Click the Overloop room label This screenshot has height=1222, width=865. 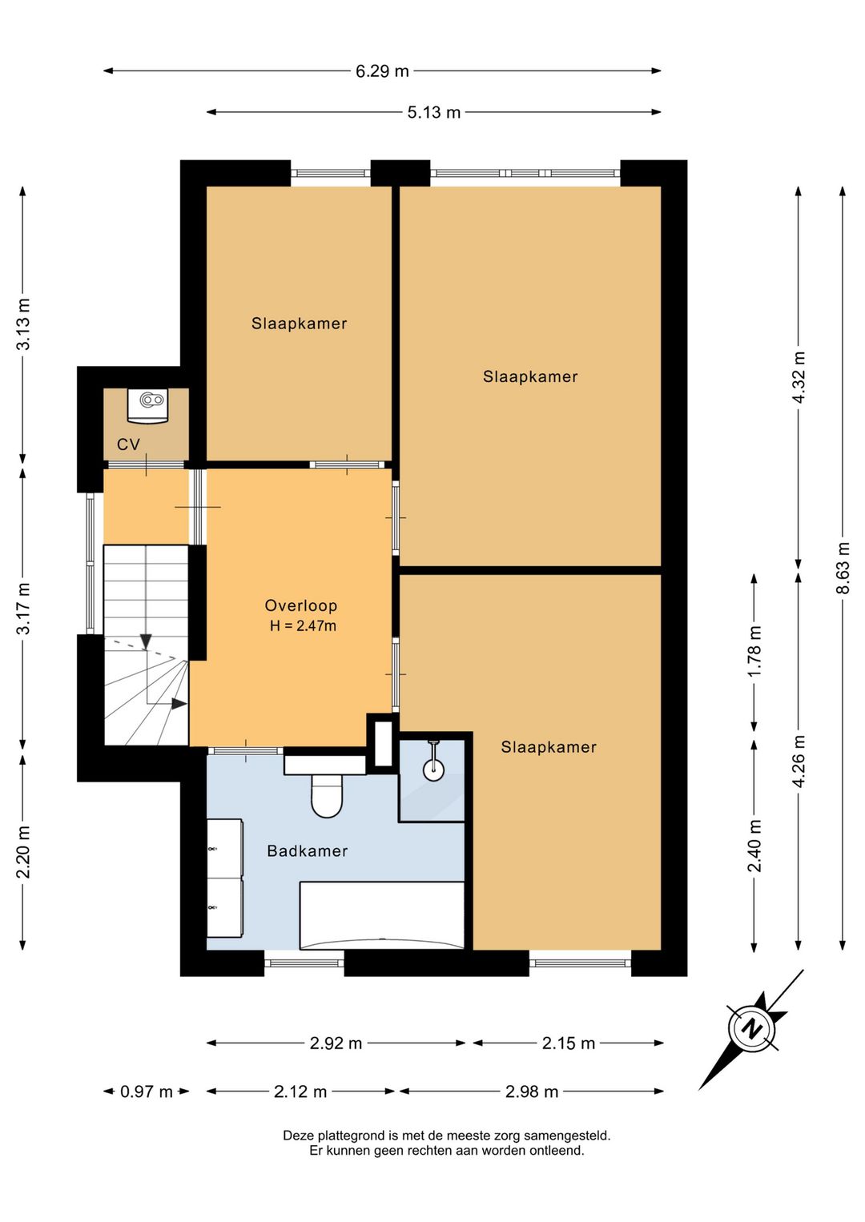pyautogui.click(x=300, y=605)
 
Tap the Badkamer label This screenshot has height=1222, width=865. pyautogui.click(x=308, y=851)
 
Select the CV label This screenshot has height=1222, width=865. pyautogui.click(x=128, y=444)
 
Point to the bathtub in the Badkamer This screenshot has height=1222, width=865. pyautogui.click(x=382, y=915)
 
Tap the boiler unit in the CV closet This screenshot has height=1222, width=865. pyautogui.click(x=148, y=404)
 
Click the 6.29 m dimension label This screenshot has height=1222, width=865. pyautogui.click(x=382, y=71)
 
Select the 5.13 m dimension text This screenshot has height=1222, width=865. pyautogui.click(x=434, y=112)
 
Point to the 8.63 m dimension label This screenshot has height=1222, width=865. pyautogui.click(x=843, y=568)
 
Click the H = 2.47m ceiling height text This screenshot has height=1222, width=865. pyautogui.click(x=303, y=625)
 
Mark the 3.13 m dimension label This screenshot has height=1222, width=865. pyautogui.click(x=23, y=324)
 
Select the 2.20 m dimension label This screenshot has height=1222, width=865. pyautogui.click(x=23, y=852)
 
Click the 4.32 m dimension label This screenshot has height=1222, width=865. pyautogui.click(x=799, y=377)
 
